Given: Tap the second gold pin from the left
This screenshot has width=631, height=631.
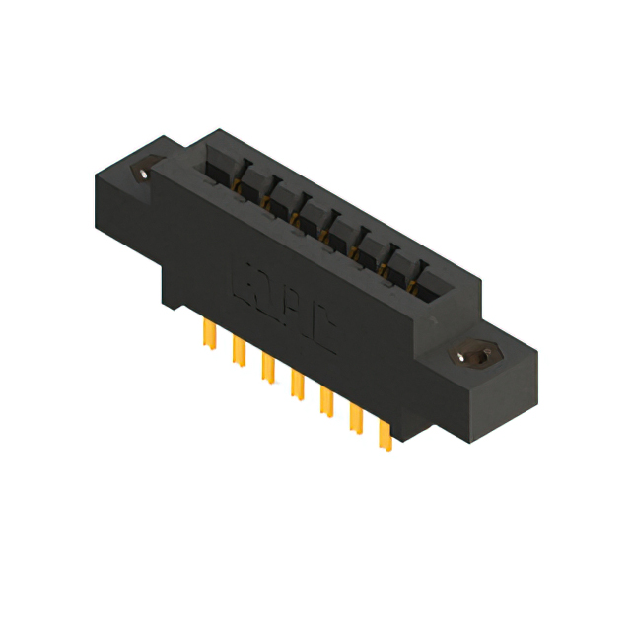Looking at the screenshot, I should pos(238,349).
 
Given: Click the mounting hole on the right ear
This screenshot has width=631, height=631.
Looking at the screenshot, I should pos(470,355).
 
